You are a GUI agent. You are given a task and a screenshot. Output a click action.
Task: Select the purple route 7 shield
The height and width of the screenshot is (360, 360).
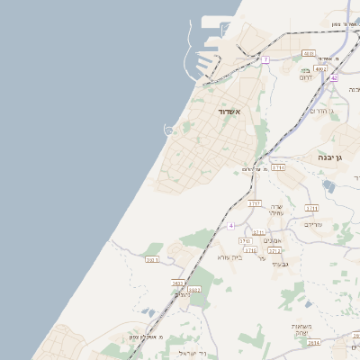[265, 59]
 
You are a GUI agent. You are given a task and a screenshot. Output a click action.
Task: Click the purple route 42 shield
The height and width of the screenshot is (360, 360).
[333, 78]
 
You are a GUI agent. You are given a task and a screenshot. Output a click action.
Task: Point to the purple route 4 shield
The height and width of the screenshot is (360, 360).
[231, 224]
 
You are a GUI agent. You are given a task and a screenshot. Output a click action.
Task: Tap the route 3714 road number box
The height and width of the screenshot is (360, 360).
[278, 167]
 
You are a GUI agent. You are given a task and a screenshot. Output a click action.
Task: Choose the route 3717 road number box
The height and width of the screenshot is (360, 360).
[255, 203]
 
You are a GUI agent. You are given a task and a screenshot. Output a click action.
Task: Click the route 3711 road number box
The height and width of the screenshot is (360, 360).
[312, 208]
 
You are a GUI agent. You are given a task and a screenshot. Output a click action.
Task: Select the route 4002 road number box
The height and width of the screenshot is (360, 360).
[321, 68]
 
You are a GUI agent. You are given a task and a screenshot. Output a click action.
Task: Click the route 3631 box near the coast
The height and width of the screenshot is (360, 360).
[151, 259]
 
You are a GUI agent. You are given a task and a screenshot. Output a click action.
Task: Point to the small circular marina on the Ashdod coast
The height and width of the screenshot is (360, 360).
[168, 131]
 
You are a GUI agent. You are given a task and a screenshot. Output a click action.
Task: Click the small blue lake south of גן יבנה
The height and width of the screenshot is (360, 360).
[328, 185]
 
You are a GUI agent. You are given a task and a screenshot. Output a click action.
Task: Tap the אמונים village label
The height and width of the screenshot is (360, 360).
[274, 240]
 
